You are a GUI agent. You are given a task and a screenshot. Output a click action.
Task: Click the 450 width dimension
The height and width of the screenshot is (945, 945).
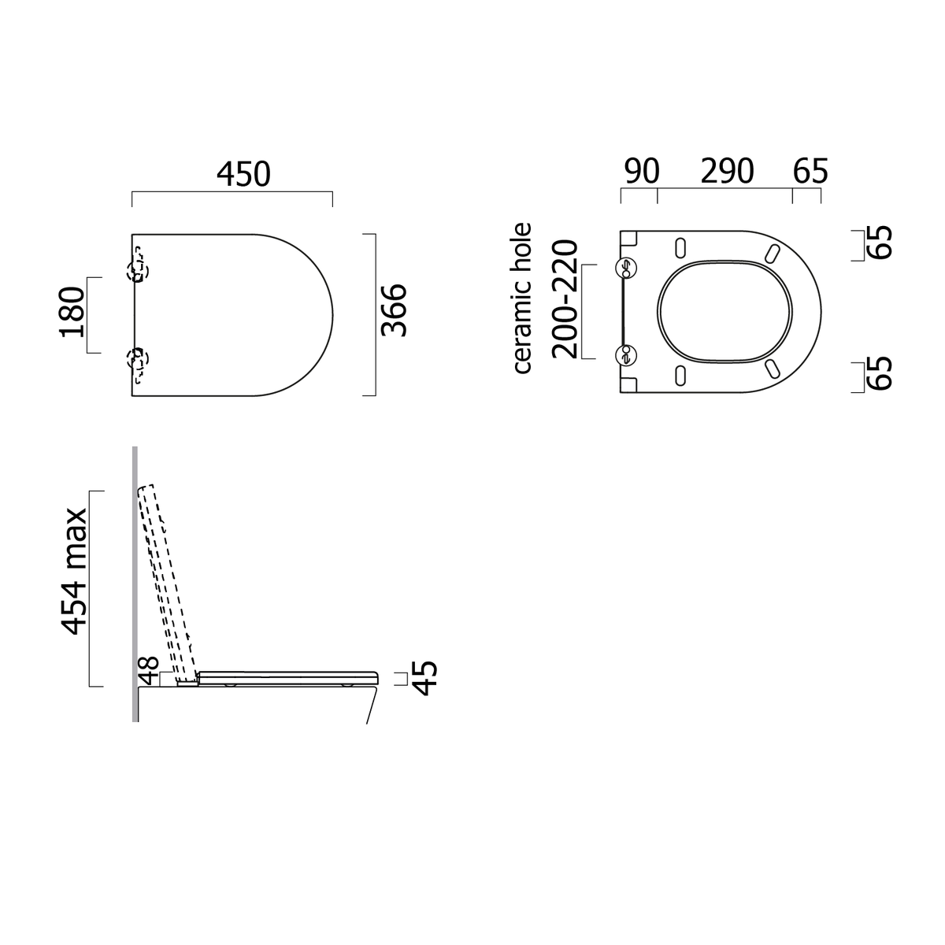(243, 174)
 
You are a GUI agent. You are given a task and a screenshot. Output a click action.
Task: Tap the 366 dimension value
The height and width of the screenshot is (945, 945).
(395, 310)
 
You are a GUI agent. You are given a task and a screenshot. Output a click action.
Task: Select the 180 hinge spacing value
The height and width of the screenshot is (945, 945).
(72, 312)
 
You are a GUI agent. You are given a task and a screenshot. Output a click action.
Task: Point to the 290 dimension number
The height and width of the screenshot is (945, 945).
(727, 172)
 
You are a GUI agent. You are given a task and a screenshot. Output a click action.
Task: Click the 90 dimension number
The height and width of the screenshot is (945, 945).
(642, 172)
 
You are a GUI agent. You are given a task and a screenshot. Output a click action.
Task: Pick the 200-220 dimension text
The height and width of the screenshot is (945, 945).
(565, 299)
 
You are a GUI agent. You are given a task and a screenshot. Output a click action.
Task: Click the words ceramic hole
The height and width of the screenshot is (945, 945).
(522, 298)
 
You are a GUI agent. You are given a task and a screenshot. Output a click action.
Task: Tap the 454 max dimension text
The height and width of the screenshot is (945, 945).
(73, 571)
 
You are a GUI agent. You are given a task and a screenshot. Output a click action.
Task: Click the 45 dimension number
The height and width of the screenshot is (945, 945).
(424, 679)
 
